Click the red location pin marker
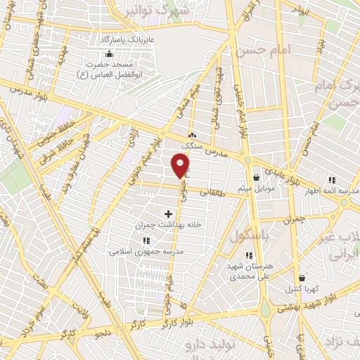(x=181, y=166)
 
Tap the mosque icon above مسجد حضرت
(x=108, y=54)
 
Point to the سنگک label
(x=191, y=146)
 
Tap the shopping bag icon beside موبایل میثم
(x=256, y=178)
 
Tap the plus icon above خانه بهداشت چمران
(x=168, y=213)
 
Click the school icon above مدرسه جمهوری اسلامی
(x=146, y=240)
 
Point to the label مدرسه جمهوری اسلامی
(x=146, y=251)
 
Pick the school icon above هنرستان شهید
(x=247, y=255)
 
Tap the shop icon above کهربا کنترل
(x=302, y=278)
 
